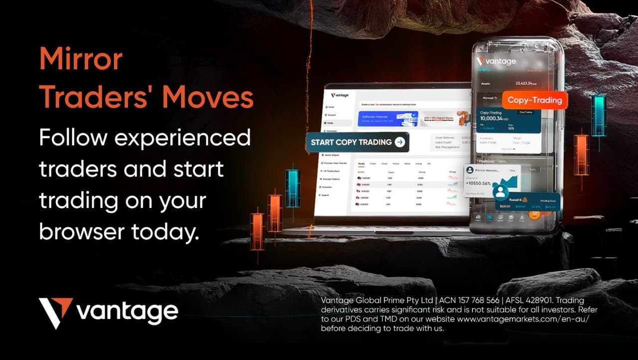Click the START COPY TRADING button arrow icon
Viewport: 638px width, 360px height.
point(400,142)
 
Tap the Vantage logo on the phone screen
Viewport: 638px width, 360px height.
point(496,61)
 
